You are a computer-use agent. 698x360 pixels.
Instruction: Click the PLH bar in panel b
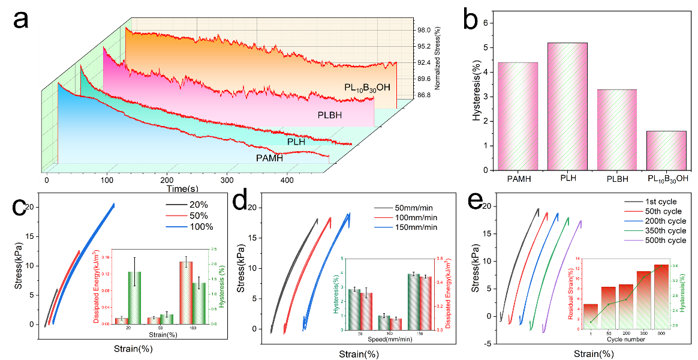(x=567, y=106)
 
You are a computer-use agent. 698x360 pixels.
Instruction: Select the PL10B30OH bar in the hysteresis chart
(x=666, y=150)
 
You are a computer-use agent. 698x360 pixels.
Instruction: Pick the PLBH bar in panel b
(x=616, y=130)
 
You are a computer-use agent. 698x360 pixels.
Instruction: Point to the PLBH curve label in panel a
(x=331, y=114)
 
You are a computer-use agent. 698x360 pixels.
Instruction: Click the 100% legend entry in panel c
(x=200, y=226)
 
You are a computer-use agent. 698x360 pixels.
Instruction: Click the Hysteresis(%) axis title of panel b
(x=477, y=96)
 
